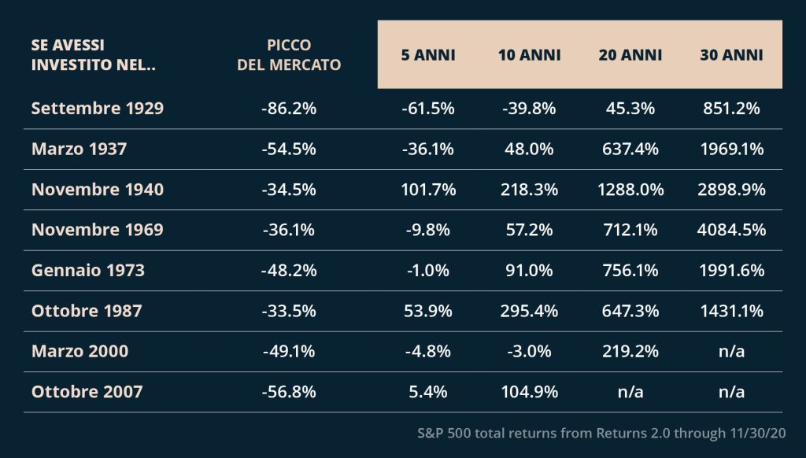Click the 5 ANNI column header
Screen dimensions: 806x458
point(428,55)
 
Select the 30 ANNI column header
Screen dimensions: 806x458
point(731,55)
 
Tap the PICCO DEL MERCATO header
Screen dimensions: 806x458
point(289,55)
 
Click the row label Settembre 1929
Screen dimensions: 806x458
point(98,109)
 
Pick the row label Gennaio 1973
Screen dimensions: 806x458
point(88,271)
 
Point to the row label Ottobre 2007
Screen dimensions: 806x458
point(87,392)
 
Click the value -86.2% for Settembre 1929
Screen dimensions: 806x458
point(289,109)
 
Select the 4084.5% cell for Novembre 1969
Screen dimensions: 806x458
point(731,230)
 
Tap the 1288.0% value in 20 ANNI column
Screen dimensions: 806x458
point(630,190)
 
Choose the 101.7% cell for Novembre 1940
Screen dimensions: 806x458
point(428,190)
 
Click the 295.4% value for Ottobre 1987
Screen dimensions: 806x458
point(529,311)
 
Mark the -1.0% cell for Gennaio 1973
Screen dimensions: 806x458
point(428,271)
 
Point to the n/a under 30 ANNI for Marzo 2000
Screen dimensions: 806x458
point(731,352)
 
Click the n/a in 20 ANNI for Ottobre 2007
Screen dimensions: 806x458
point(630,392)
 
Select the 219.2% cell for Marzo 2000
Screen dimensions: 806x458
point(630,352)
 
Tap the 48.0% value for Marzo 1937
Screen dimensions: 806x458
point(529,149)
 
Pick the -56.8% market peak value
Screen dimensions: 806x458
point(289,392)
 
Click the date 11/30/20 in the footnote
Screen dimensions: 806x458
point(758,434)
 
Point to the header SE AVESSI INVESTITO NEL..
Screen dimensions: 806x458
point(94,55)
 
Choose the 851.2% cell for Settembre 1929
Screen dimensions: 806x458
point(731,109)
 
